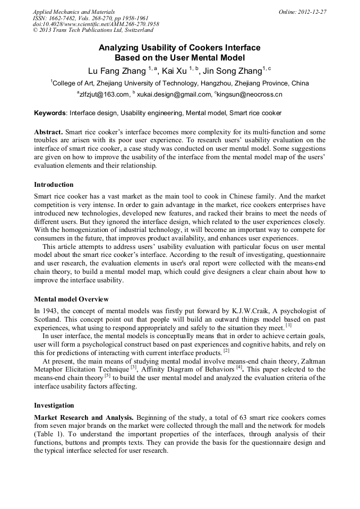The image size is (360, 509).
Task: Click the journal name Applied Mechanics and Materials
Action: (73, 12)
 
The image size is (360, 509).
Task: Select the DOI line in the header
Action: (96, 24)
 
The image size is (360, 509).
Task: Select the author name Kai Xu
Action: (174, 71)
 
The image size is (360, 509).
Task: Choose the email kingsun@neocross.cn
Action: (250, 94)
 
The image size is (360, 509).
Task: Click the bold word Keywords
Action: (50, 113)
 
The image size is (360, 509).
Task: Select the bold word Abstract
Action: (48, 132)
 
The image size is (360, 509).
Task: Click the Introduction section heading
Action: (54, 185)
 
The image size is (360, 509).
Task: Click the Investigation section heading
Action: (54, 406)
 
